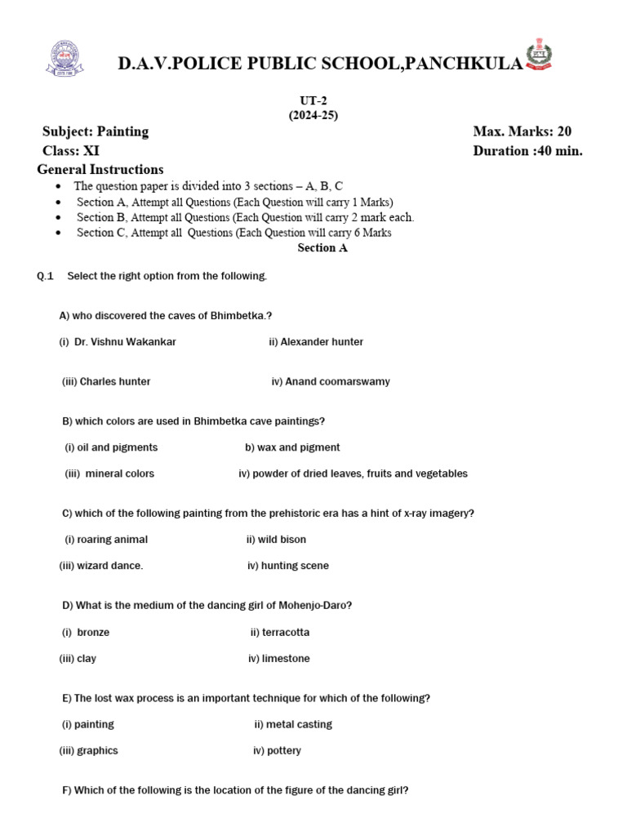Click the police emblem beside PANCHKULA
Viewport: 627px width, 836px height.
point(540,55)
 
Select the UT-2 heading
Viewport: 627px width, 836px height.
point(313,100)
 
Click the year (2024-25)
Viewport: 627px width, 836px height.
point(313,115)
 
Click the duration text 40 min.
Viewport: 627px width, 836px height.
point(558,150)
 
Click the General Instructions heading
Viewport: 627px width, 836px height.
point(100,170)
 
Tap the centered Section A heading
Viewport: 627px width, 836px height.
point(322,248)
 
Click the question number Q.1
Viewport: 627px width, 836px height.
point(45,276)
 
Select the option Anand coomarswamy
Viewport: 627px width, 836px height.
point(337,381)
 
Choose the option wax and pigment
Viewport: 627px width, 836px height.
point(298,447)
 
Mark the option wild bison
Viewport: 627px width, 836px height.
point(282,540)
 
